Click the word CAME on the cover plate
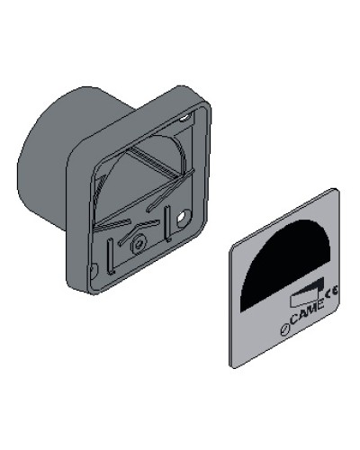coord(306,312)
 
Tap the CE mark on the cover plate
coord(331,291)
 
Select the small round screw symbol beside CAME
coord(284,329)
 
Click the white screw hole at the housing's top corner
coord(184,118)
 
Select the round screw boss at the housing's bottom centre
coord(138,246)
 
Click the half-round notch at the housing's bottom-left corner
coord(93,270)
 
